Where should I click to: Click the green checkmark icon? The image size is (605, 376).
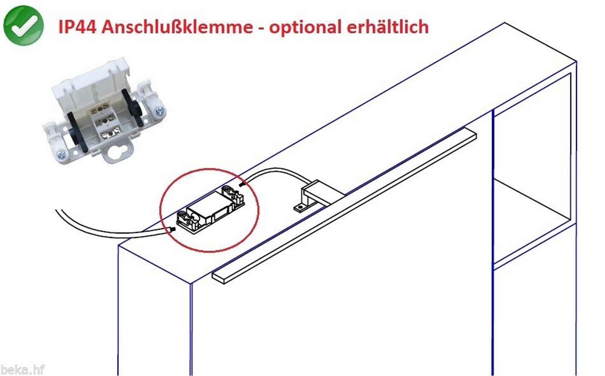point(24,26)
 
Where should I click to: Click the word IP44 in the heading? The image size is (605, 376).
point(77,27)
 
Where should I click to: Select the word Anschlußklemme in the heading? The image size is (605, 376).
point(177,27)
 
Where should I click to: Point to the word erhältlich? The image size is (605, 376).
point(388,27)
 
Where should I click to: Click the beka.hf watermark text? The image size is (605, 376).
point(22,369)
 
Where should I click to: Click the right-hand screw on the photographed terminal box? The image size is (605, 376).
point(159,112)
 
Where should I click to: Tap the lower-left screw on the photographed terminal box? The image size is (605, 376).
point(61,154)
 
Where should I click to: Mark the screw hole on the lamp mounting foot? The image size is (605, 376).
point(299,207)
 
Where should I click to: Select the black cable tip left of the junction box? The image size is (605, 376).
point(172,229)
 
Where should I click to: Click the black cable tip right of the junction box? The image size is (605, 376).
point(241,184)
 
